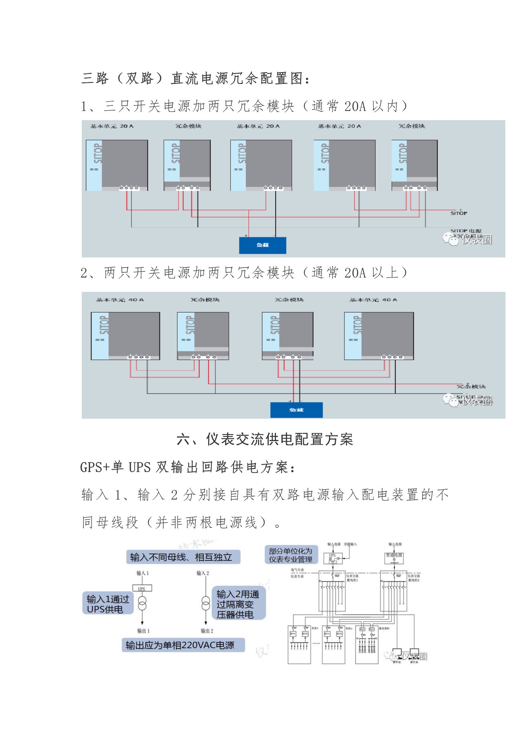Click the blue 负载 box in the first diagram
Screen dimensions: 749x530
point(263,245)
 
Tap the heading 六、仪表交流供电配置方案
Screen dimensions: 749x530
point(265,439)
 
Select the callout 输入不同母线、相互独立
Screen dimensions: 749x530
point(183,557)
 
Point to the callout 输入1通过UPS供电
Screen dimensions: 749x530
point(108,604)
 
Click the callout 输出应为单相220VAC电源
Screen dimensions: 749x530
point(183,645)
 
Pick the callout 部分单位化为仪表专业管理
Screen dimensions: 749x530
point(290,555)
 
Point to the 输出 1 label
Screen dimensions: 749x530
point(143,630)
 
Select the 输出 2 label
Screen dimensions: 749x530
point(207,630)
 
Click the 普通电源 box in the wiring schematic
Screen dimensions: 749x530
point(394,557)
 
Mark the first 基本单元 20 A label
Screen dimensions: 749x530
point(112,126)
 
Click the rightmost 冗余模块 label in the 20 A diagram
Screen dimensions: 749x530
point(411,126)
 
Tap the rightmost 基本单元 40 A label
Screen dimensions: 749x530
point(373,300)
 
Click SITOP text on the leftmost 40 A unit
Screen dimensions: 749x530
point(104,325)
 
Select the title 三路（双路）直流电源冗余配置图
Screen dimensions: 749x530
point(196,78)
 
